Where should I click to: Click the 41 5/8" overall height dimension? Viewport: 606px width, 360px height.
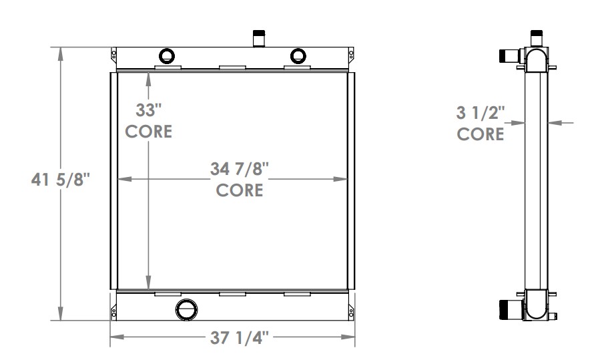click(x=60, y=180)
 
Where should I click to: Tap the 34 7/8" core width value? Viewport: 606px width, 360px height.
click(x=239, y=170)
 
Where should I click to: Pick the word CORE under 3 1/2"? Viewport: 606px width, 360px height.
click(x=480, y=134)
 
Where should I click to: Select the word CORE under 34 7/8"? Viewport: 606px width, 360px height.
click(x=239, y=190)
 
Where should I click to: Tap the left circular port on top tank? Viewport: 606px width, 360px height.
click(x=166, y=55)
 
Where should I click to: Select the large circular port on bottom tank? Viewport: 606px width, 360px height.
click(x=187, y=309)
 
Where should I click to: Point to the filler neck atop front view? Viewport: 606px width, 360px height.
click(x=259, y=38)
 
